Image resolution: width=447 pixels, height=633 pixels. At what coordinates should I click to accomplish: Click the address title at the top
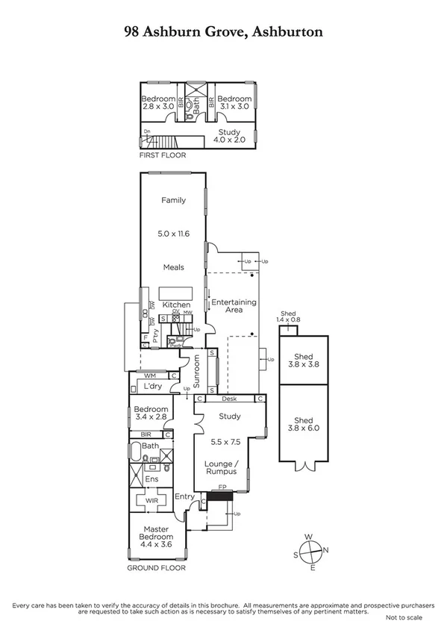[223, 31]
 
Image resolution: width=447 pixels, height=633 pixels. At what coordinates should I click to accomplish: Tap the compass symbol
[313, 552]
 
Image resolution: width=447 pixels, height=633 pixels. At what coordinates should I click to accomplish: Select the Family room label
[173, 200]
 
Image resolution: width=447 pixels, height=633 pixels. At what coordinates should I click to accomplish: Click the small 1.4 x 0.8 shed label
[288, 316]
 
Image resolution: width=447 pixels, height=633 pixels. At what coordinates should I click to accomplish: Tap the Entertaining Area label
[234, 306]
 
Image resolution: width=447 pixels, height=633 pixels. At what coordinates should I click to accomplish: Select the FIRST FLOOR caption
[163, 155]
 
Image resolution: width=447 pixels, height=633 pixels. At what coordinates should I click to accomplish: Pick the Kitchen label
[178, 305]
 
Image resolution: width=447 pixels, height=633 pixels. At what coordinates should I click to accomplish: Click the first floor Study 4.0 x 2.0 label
[230, 135]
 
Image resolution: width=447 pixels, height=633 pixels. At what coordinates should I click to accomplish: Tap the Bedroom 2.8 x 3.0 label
[158, 103]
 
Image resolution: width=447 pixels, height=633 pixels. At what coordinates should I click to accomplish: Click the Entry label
[184, 496]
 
